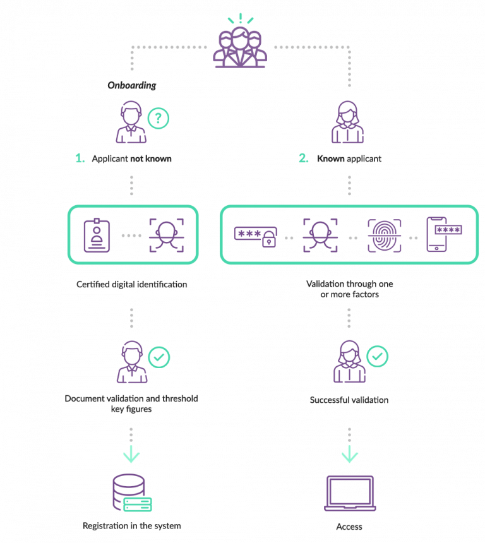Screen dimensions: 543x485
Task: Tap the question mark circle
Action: click(x=159, y=118)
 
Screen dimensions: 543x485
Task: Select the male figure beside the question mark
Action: click(x=131, y=123)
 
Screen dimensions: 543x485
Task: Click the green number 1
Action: click(x=79, y=158)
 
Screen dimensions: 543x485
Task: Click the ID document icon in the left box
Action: click(x=97, y=234)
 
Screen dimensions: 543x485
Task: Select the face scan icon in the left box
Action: click(x=166, y=235)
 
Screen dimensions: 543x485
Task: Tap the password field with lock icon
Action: click(x=255, y=236)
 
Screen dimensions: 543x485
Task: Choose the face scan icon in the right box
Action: click(x=320, y=236)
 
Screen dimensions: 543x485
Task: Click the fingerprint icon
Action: click(x=385, y=236)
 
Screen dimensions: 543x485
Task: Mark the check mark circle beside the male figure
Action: click(x=159, y=357)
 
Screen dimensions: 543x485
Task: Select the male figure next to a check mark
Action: click(x=132, y=362)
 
